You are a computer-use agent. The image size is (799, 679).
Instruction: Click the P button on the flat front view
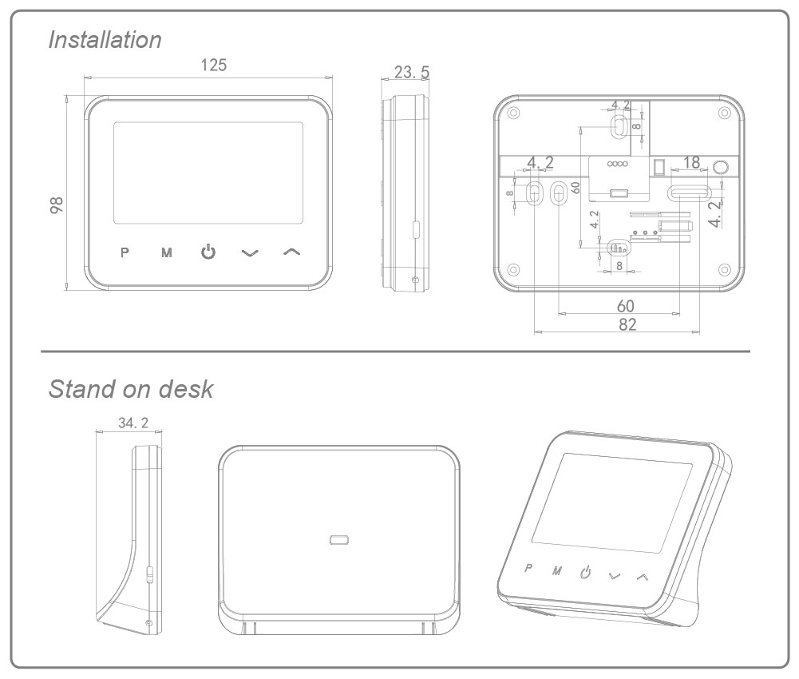point(124,253)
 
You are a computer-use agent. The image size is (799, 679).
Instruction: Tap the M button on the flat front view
point(166,253)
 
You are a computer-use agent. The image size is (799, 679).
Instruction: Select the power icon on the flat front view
point(208,252)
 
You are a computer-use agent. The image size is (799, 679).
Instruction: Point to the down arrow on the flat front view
point(251,253)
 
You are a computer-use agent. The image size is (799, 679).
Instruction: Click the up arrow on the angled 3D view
point(643,576)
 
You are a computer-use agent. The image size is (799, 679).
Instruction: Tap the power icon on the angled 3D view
point(586,573)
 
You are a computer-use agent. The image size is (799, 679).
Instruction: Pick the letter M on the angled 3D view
point(557,571)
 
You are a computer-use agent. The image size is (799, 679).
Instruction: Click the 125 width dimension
point(213,66)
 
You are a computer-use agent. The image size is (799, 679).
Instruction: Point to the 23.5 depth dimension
point(412,73)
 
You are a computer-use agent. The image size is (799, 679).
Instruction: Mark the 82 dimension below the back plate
point(627,324)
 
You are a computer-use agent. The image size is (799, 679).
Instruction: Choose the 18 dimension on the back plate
point(691,162)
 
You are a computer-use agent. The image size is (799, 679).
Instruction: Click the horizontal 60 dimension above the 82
point(626,306)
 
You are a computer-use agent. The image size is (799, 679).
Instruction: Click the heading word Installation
point(105,40)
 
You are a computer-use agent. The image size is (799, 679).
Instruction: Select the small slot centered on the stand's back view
point(339,541)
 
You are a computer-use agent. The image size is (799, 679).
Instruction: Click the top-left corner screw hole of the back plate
point(513,111)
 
